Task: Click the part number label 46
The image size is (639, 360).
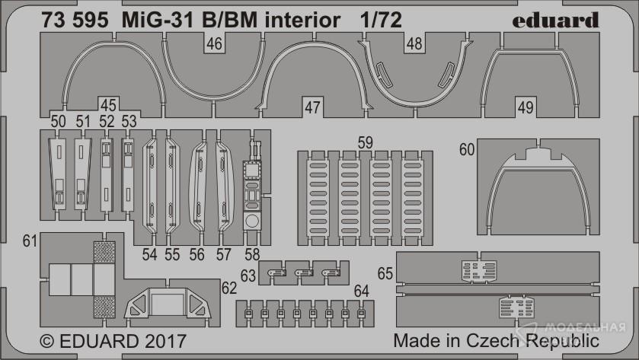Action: click(x=214, y=43)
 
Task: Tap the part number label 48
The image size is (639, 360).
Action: click(x=414, y=43)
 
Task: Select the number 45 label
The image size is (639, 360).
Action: click(x=108, y=105)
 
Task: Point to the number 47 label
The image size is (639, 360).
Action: click(x=312, y=107)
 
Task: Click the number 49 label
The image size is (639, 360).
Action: click(x=526, y=107)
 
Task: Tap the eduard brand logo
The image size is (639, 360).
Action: click(x=555, y=20)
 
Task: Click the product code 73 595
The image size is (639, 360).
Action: click(x=75, y=21)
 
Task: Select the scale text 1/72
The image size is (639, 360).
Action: click(x=381, y=21)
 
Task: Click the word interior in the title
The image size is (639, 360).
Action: click(x=302, y=21)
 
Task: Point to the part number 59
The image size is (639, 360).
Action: click(x=365, y=142)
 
